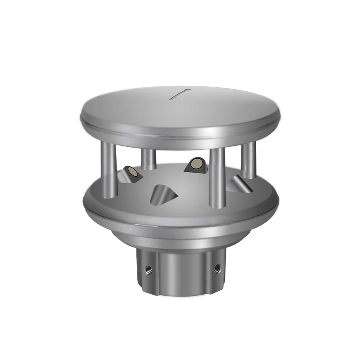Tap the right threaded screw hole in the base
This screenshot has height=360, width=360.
coord(217,269)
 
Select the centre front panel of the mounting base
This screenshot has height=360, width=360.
coord(182,270)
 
